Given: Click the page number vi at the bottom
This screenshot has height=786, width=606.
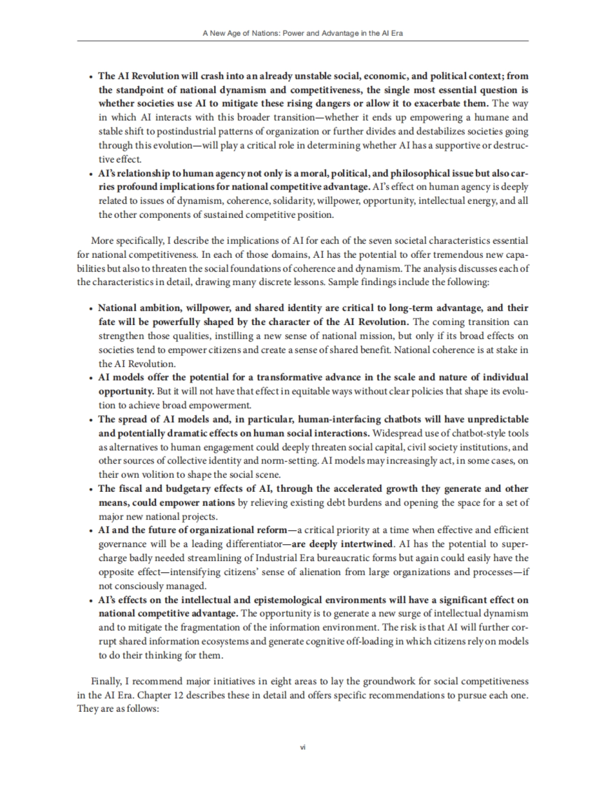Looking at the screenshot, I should [x=303, y=747].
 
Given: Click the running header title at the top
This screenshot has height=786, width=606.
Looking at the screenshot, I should [x=302, y=34].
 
